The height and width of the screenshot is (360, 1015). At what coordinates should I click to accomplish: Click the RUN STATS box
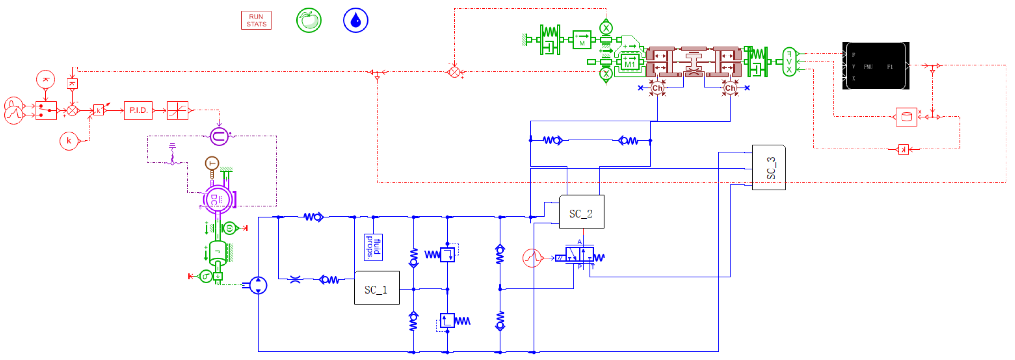(x=256, y=20)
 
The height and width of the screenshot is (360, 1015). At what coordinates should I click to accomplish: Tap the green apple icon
(x=308, y=20)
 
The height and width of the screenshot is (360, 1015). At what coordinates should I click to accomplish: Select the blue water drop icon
(x=355, y=20)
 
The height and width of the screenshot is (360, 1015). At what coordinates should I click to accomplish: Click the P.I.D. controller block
(x=138, y=110)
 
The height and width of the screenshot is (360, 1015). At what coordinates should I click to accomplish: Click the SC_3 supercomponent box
(x=769, y=168)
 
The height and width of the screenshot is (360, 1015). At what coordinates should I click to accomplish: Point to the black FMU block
(x=876, y=66)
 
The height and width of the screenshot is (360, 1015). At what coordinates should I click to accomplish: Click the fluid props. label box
(x=373, y=247)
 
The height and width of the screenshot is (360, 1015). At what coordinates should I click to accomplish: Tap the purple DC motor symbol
(x=217, y=199)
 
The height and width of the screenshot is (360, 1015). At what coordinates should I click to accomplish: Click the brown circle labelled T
(x=212, y=163)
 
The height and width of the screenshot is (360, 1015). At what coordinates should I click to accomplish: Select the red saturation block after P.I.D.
(x=177, y=110)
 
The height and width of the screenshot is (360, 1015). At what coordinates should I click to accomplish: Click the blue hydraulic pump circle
(x=258, y=285)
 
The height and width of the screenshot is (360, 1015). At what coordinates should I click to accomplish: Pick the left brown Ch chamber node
(x=657, y=88)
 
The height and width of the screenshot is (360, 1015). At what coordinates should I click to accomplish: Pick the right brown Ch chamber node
(x=730, y=88)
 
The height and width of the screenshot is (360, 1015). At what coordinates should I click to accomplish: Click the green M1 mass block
(x=629, y=62)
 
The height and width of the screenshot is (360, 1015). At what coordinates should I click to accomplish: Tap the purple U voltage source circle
(x=219, y=136)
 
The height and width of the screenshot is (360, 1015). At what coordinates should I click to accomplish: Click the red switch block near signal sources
(x=46, y=111)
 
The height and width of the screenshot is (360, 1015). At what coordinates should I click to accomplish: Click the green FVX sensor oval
(x=789, y=62)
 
